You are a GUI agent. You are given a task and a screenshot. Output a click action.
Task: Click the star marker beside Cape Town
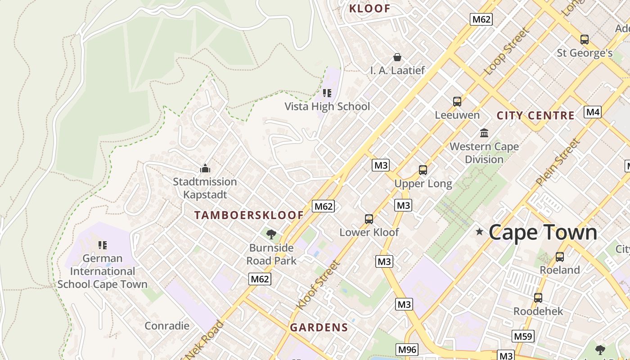480,232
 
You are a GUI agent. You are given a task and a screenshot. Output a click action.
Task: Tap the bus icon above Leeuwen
457,101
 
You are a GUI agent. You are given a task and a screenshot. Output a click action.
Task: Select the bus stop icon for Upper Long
423,170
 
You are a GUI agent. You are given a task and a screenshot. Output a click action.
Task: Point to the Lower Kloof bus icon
369,219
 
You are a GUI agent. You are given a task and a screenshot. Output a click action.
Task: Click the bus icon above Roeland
560,256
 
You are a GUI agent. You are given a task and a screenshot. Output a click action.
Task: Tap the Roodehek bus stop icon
538,297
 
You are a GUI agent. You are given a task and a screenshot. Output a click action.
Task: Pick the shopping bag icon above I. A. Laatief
397,57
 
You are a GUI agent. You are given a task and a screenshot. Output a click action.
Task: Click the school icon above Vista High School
327,93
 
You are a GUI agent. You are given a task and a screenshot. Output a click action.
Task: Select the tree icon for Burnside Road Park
271,234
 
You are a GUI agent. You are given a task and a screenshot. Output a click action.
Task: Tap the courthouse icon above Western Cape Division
484,133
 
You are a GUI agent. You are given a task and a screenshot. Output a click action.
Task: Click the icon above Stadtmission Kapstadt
205,169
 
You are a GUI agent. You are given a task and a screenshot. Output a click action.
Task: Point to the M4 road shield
593,112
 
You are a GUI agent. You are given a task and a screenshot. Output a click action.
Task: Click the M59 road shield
523,336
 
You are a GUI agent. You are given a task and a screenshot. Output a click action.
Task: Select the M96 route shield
407,349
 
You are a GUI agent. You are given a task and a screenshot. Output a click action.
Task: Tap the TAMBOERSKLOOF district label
249,215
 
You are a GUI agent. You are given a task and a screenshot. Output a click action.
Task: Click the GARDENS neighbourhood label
319,328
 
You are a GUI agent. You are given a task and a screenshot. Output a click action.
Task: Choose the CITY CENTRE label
535,116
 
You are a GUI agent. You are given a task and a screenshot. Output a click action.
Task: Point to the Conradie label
167,326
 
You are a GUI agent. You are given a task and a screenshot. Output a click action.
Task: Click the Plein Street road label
557,162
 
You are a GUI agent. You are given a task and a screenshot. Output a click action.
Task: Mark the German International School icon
103,245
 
